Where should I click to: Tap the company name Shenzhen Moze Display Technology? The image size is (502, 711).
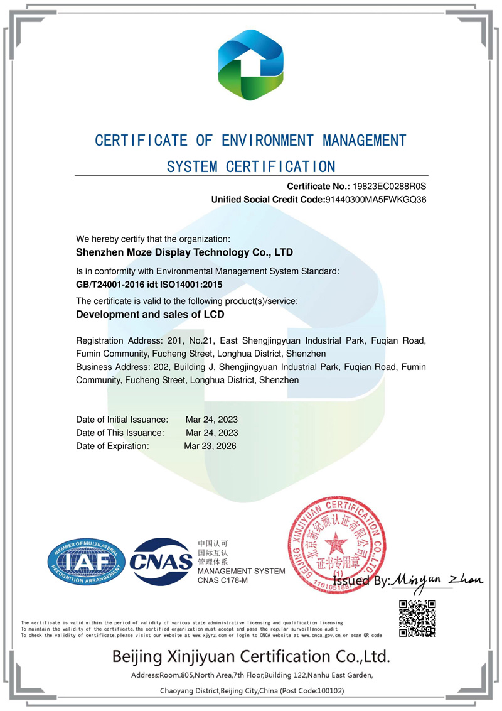point(184,252)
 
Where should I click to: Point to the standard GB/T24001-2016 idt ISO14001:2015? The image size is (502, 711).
point(149,284)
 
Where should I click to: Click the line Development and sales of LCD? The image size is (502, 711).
point(150,314)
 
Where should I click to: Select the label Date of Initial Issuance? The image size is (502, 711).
point(122,419)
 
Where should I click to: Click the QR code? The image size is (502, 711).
point(417,619)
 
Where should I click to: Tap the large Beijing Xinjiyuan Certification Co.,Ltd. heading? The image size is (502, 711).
point(251,657)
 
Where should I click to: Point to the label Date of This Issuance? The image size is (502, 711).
point(120,433)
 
